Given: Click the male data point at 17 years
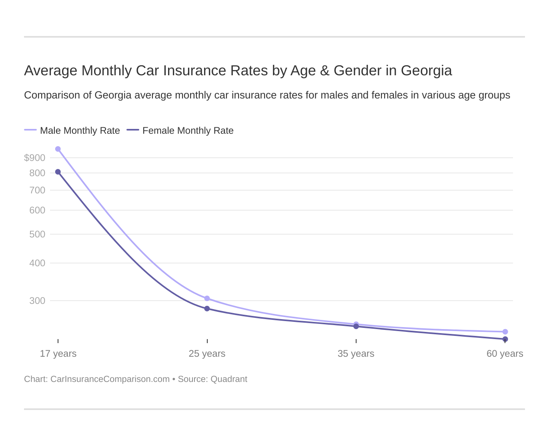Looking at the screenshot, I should pyautogui.click(x=58, y=149).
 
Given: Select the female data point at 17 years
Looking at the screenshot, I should pyautogui.click(x=58, y=172).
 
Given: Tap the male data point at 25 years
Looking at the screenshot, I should pyautogui.click(x=207, y=298).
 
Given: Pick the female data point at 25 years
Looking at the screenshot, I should pyautogui.click(x=207, y=309).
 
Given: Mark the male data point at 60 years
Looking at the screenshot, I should pyautogui.click(x=505, y=331).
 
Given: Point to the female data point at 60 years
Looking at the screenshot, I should pyautogui.click(x=505, y=339).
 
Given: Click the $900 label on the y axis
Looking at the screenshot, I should pyautogui.click(x=35, y=158).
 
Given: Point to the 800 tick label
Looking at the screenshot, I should pyautogui.click(x=37, y=173).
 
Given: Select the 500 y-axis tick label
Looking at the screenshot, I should pyautogui.click(x=37, y=234).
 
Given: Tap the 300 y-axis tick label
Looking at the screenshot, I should pyautogui.click(x=37, y=301).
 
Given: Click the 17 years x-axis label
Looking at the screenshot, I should pyautogui.click(x=58, y=354).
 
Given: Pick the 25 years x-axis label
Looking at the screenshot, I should pyautogui.click(x=207, y=354).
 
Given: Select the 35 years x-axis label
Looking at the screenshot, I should pyautogui.click(x=356, y=354).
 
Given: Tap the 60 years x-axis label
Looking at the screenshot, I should pyautogui.click(x=505, y=354).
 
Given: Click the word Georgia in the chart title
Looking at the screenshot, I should pyautogui.click(x=426, y=70).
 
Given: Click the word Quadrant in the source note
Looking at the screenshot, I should pyautogui.click(x=228, y=379).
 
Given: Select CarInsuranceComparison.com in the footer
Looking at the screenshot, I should pyautogui.click(x=110, y=379).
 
